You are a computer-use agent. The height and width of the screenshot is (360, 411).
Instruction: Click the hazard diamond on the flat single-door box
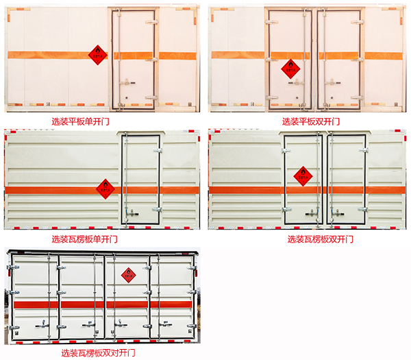[98, 53]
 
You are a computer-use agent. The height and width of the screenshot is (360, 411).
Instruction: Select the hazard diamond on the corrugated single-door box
[104, 187]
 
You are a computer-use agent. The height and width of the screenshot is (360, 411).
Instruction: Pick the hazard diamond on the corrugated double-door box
[302, 176]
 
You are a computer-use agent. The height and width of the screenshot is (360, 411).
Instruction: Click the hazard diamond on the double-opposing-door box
[128, 275]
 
